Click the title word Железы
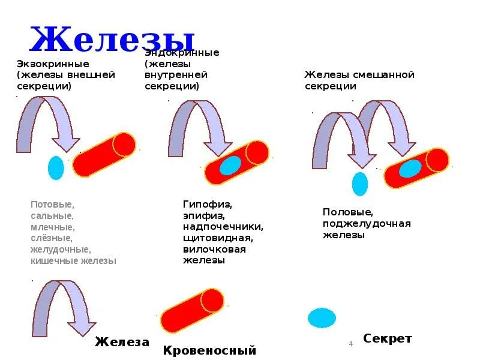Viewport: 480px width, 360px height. click(x=112, y=40)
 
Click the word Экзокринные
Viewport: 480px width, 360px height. click(x=53, y=64)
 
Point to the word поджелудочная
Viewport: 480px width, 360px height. click(x=366, y=224)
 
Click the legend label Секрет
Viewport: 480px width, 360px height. click(x=387, y=339)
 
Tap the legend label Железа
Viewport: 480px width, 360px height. click(x=122, y=342)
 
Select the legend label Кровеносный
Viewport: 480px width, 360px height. click(x=209, y=350)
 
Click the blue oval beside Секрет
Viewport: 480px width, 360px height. click(x=322, y=317)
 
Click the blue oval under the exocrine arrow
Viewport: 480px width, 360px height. click(x=56, y=168)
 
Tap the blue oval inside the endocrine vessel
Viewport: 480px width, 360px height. click(x=230, y=165)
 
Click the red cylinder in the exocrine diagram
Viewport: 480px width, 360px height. click(x=104, y=154)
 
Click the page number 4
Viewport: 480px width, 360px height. click(x=350, y=343)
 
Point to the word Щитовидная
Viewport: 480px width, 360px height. click(x=218, y=238)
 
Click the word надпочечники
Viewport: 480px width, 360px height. click(x=223, y=227)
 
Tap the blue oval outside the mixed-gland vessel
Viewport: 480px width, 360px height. click(x=359, y=184)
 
